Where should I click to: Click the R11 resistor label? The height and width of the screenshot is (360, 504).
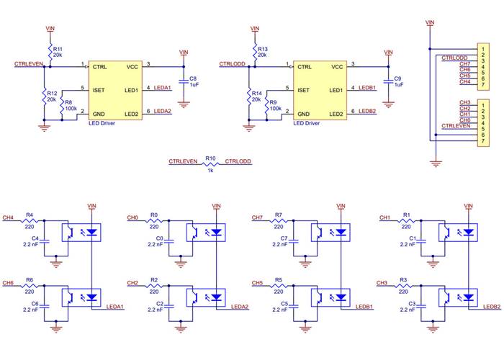(58, 48)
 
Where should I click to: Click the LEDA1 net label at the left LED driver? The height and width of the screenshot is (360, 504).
(163, 88)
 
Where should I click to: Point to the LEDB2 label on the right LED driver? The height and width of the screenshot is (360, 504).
(367, 112)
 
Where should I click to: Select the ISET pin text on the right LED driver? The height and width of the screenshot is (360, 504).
(303, 90)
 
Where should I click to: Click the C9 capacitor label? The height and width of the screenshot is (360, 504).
(399, 78)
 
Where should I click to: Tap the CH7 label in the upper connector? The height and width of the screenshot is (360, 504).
(464, 63)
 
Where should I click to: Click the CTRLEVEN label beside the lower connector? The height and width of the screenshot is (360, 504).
(456, 125)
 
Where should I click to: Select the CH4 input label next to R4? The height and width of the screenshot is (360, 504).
(8, 217)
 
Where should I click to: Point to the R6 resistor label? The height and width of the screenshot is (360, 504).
(30, 279)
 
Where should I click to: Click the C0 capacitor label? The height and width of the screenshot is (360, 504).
(159, 238)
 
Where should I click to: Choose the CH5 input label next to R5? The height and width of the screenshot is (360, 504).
(257, 283)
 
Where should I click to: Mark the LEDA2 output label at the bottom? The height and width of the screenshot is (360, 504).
(240, 307)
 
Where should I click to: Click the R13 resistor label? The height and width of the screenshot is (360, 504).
(263, 48)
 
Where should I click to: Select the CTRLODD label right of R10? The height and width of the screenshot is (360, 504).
(238, 161)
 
